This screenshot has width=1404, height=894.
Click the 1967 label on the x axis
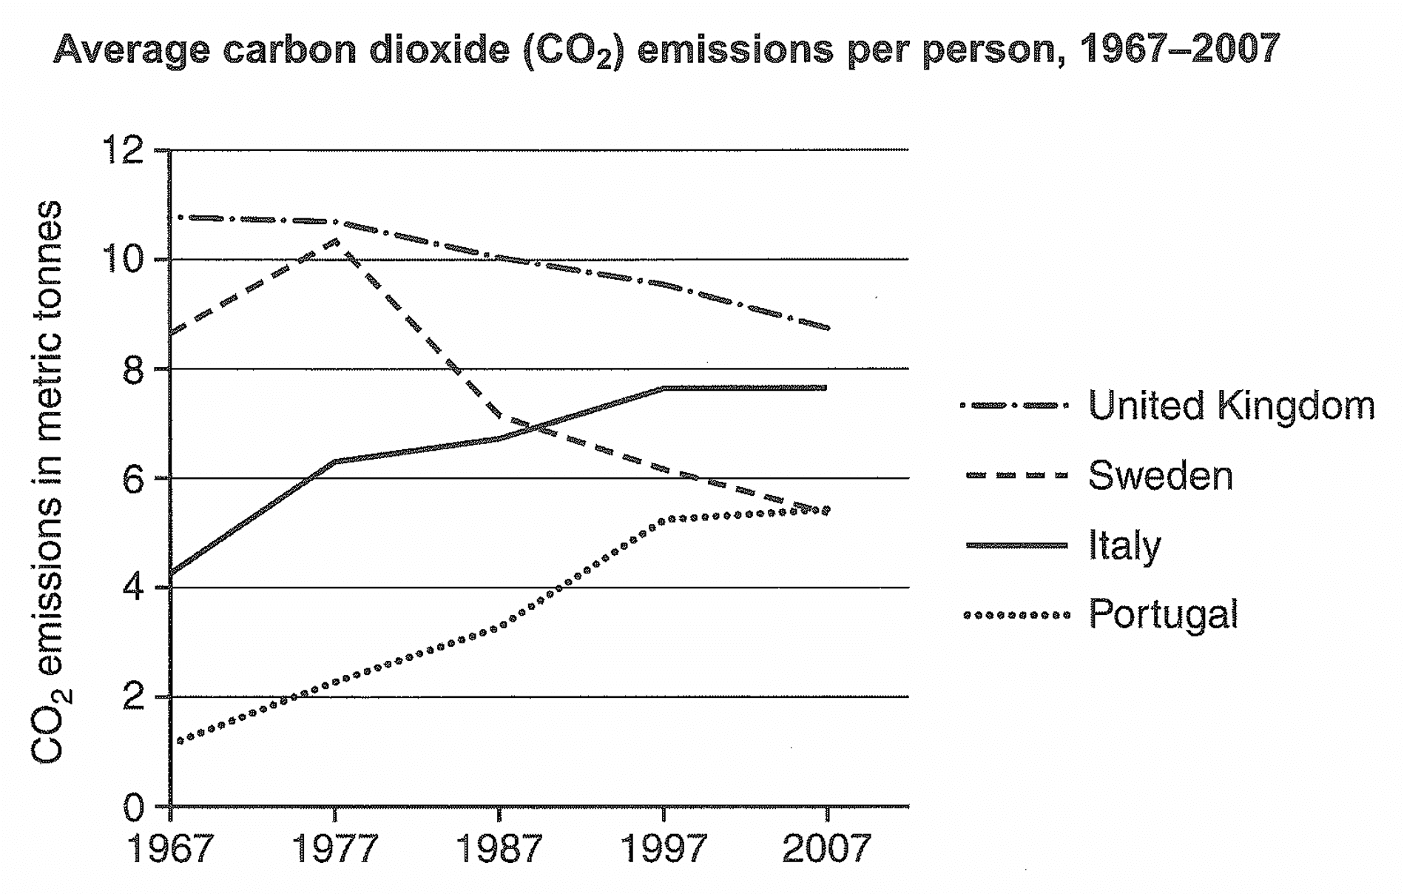coord(171,849)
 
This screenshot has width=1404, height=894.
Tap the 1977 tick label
coord(335,849)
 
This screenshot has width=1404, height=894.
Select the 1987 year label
coord(500,849)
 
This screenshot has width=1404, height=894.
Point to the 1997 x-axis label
coord(664,849)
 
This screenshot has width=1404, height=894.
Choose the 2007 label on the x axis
coord(826,849)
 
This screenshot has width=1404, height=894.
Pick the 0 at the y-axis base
coord(133,807)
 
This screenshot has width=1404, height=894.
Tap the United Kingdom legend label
coord(1231,406)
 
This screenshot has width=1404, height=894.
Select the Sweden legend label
coord(1160,476)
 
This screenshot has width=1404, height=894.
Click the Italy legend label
coord(1124,546)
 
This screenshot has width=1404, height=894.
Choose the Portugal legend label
coord(1163,615)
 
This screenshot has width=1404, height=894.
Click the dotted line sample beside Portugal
coord(1017,615)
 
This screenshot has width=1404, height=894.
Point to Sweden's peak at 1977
coord(334,241)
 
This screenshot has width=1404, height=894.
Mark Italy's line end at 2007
coord(825,388)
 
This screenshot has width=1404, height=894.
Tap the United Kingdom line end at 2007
coord(826,327)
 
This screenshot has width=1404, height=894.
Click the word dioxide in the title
coord(441,49)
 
